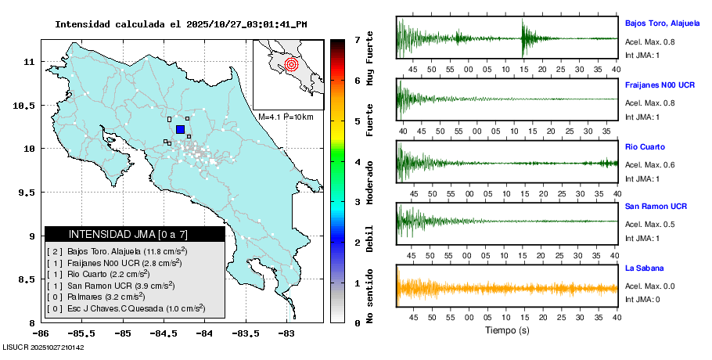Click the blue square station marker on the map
pyautogui.click(x=180, y=129)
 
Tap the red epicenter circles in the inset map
pyautogui.click(x=291, y=64)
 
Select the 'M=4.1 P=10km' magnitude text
pyautogui.click(x=286, y=117)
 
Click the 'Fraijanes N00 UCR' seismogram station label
pyautogui.click(x=660, y=84)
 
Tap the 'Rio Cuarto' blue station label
pyautogui.click(x=645, y=146)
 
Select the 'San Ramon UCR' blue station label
pyautogui.click(x=656, y=207)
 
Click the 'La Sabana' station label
pyautogui.click(x=643, y=268)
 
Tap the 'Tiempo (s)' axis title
pyautogui.click(x=507, y=330)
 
